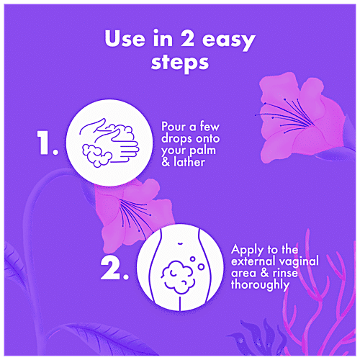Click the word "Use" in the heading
click(x=125, y=38)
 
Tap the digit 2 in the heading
click(x=187, y=38)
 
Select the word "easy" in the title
click(x=229, y=41)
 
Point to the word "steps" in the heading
click(x=180, y=63)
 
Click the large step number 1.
click(x=48, y=143)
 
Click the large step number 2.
click(x=114, y=269)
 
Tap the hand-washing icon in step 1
click(x=109, y=143)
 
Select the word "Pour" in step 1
click(x=174, y=127)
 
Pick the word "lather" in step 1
click(x=189, y=162)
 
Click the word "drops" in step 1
click(x=177, y=139)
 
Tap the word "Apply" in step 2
click(x=247, y=251)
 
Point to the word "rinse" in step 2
click(x=285, y=274)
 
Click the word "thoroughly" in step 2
click(x=260, y=285)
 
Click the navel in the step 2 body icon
click(x=180, y=243)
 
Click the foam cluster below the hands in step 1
click(x=96, y=156)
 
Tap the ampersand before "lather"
click(x=166, y=162)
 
